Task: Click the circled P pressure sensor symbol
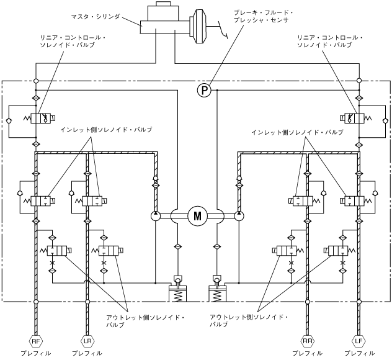[205, 91]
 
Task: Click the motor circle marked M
[197, 216]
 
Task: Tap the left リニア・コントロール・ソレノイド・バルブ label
[73, 41]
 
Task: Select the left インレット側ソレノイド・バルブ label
[106, 130]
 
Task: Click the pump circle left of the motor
[154, 216]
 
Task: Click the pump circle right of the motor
[239, 216]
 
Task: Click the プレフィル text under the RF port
[35, 353]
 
